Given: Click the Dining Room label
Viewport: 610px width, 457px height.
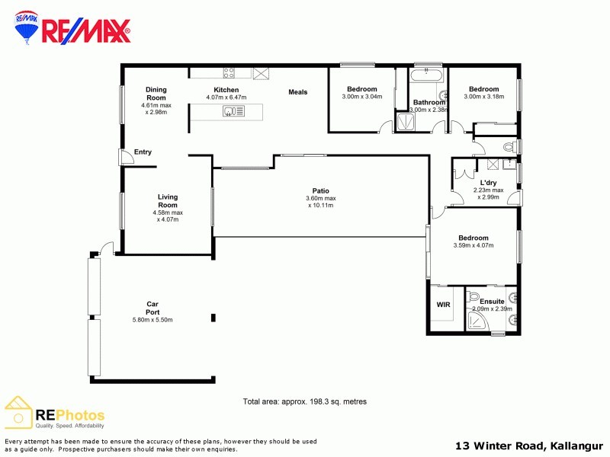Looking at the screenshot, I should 156,94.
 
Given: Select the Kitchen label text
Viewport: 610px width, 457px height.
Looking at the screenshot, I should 226,90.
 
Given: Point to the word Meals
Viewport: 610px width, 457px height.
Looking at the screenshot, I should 297,92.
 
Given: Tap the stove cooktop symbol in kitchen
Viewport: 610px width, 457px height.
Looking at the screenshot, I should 228,73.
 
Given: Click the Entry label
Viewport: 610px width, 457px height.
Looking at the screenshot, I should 143,152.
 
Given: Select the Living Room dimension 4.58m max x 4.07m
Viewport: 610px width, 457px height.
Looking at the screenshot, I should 168,216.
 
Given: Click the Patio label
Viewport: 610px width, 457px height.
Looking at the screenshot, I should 320,190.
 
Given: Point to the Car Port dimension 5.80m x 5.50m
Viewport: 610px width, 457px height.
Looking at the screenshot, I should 152,320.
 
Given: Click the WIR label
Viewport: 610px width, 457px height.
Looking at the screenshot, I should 444,305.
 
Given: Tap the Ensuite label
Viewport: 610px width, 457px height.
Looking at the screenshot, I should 492,302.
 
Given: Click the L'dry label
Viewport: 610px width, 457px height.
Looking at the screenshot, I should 489,182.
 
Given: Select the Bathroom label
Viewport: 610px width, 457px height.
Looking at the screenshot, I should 429,102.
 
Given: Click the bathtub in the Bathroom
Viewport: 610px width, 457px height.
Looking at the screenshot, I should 428,77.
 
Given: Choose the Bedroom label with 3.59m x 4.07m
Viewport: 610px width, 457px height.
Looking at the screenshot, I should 473,238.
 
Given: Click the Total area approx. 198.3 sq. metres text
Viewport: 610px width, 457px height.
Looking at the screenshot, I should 305,401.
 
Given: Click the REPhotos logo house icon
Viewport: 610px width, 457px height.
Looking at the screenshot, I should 18,412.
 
